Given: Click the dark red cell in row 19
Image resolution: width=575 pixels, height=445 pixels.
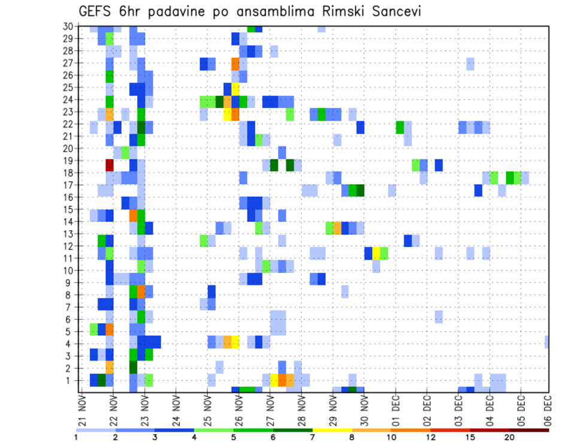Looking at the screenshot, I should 110,164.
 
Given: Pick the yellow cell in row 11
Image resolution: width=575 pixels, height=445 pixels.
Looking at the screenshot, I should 376,252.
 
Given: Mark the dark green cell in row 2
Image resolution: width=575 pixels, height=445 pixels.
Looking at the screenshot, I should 133,367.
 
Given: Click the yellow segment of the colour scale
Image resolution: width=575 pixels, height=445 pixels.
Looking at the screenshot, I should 332,430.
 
